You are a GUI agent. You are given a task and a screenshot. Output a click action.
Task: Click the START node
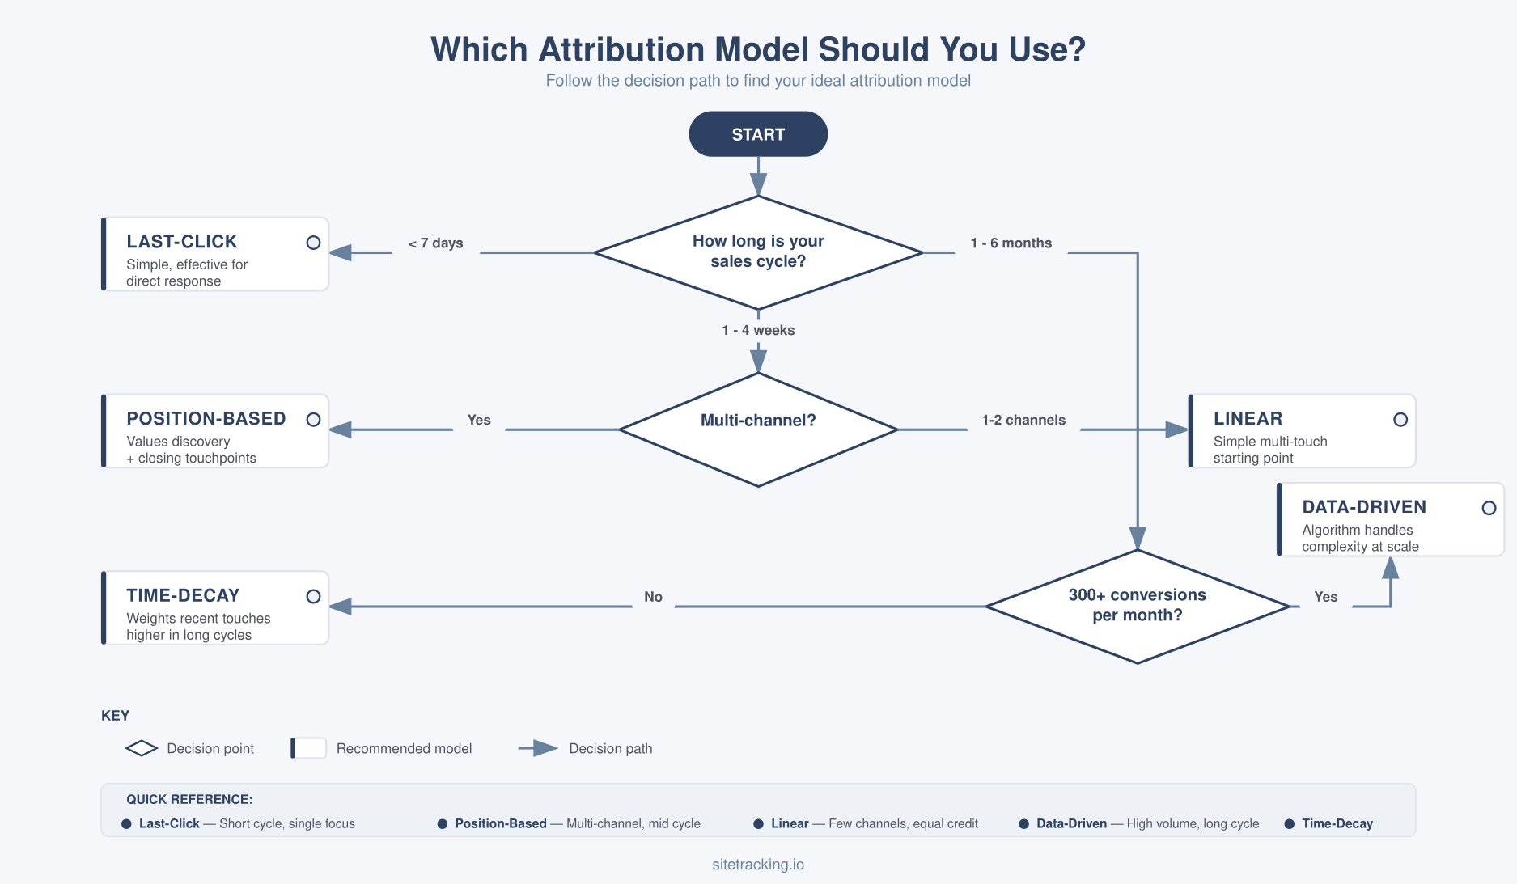[x=758, y=134]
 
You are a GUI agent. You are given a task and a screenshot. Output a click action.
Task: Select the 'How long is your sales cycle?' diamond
[x=758, y=252]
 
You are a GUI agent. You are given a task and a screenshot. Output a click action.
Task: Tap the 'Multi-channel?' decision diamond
[x=758, y=429]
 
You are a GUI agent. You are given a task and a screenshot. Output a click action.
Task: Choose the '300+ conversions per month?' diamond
[x=1137, y=606]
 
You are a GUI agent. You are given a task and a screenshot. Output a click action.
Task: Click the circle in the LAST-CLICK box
[x=313, y=243]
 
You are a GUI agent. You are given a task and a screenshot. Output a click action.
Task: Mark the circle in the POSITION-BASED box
[x=313, y=420]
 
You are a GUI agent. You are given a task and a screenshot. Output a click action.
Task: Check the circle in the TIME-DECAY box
[x=313, y=597]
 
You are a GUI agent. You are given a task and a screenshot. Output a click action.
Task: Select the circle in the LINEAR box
[x=1400, y=420]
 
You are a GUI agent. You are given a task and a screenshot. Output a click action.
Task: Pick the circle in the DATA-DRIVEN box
[x=1489, y=508]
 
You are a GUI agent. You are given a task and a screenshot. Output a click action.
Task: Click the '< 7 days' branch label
[x=436, y=243]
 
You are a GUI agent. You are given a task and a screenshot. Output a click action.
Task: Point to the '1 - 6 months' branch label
[x=1011, y=243]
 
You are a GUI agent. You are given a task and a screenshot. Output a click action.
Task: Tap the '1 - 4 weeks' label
[x=758, y=330]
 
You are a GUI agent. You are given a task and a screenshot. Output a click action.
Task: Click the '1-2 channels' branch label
[x=1023, y=421]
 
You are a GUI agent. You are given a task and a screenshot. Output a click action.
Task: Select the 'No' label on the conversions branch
[x=653, y=597]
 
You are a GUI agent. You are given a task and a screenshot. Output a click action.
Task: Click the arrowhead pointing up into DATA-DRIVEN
[x=1390, y=568]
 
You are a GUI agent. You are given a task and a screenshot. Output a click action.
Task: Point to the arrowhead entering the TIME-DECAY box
[x=341, y=607]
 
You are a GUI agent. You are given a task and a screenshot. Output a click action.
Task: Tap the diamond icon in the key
[x=142, y=749]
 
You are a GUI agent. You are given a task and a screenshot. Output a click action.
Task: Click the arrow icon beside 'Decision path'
[x=539, y=749]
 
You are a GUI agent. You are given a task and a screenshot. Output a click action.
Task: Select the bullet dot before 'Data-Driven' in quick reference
[x=1023, y=824]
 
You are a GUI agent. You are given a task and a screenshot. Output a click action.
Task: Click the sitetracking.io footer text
[x=758, y=865]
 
